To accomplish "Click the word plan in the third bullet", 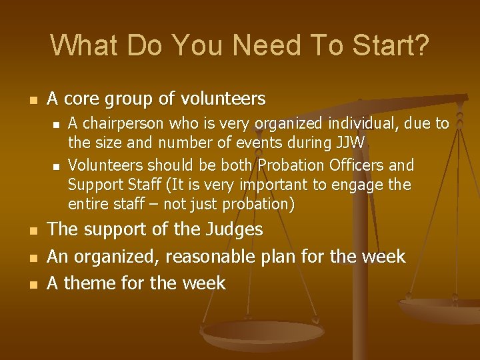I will [x=296, y=257].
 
